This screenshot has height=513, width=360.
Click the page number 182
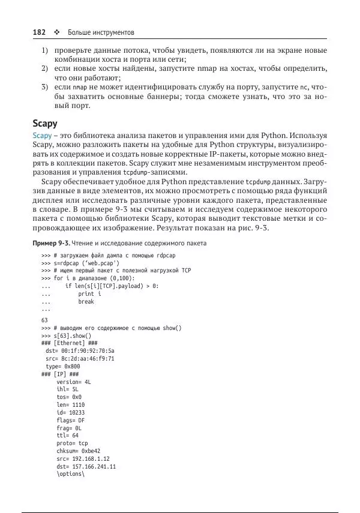[40, 31]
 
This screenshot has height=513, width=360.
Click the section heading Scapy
[45, 124]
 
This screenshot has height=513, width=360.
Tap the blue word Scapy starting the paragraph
[43, 136]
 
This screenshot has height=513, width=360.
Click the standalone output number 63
[45, 320]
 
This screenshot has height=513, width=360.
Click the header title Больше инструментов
[101, 31]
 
